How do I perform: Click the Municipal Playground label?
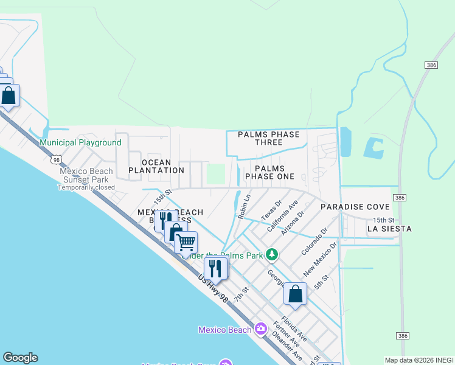(x=80, y=142)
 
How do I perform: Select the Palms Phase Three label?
(x=269, y=138)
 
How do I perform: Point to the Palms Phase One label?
(x=269, y=172)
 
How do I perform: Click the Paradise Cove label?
(x=350, y=207)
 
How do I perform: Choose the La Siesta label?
(x=389, y=229)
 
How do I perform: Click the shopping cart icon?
(x=186, y=242)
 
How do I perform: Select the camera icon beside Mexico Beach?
(x=261, y=329)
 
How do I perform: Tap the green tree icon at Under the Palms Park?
(x=274, y=254)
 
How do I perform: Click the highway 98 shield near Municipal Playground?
(x=56, y=159)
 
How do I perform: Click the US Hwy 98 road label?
(x=216, y=291)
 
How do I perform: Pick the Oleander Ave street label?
(x=287, y=345)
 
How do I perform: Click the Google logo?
(x=20, y=358)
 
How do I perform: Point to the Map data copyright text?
(x=419, y=360)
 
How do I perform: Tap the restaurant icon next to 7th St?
(x=215, y=267)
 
